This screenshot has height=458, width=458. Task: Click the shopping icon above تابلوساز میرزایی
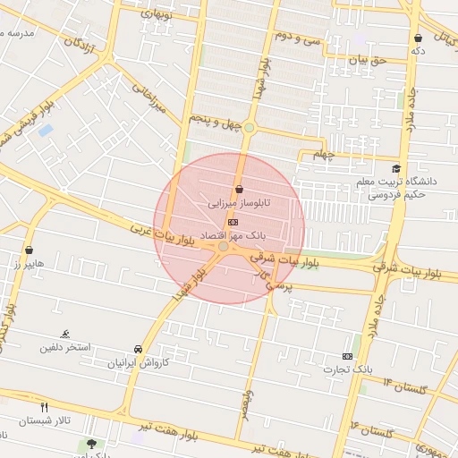click(x=239, y=190)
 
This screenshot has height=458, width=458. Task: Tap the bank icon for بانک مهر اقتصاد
click(x=233, y=221)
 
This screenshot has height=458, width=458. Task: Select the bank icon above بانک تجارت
click(x=348, y=356)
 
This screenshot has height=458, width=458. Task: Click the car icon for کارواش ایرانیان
click(x=138, y=349)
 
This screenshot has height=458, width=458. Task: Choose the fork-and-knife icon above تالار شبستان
click(x=45, y=407)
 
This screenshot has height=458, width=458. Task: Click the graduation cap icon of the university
click(x=396, y=168)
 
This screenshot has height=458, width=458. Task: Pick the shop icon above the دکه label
click(x=419, y=38)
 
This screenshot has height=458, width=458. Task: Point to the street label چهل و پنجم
click(x=216, y=120)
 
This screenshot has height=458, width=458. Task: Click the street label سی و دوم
click(x=297, y=38)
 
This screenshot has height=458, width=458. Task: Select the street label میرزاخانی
click(x=150, y=99)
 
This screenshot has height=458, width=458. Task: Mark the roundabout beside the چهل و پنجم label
click(x=249, y=128)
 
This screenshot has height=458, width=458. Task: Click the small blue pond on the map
click(x=46, y=131)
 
